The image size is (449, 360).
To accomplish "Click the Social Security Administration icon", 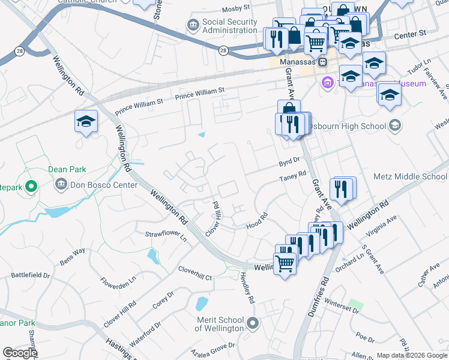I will pos(193,25).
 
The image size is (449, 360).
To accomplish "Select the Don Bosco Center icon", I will pos(60,185).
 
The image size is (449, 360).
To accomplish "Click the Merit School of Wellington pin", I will pos(253,323).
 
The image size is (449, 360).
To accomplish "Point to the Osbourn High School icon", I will pos(394,125).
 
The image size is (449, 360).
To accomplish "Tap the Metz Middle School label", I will pos(410,176).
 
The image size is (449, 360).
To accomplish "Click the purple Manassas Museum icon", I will pos(327,83).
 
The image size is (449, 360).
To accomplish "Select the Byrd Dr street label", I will pos(289,163).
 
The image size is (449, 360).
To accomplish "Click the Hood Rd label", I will pos(256,221).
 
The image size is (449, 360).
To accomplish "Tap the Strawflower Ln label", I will pos(166,234).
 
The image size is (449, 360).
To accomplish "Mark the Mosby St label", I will pos(235,8).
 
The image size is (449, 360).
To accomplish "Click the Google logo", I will pos(20,353).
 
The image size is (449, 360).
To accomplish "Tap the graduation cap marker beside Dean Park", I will pos(86,122).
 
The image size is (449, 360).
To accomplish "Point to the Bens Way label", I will pos(73,257).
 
